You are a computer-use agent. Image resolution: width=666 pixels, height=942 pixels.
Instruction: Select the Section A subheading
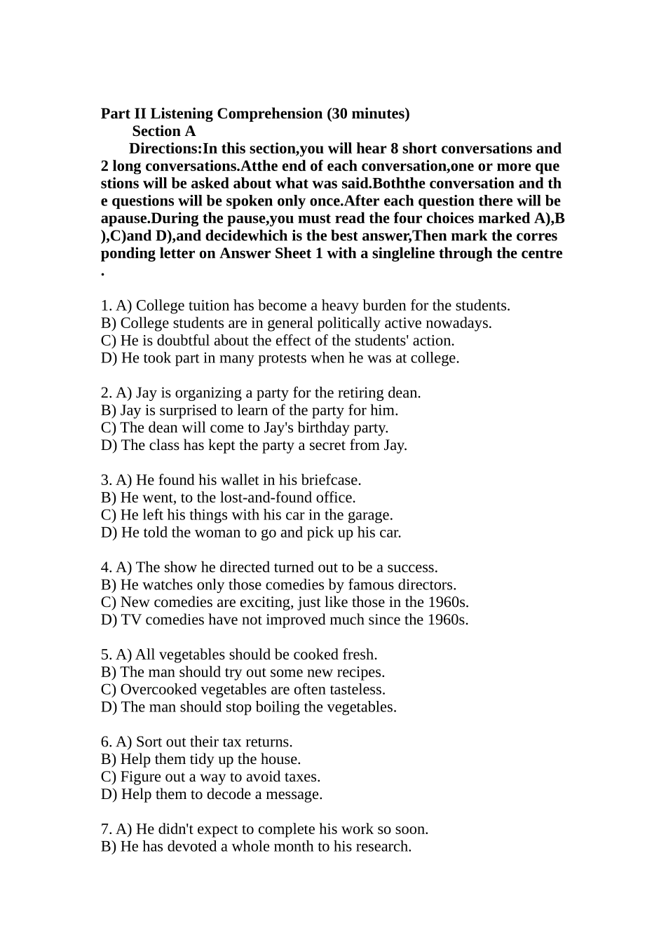[164, 131]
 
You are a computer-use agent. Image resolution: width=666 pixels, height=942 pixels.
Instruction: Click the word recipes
[358, 672]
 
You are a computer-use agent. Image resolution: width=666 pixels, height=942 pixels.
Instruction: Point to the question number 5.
[105, 655]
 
